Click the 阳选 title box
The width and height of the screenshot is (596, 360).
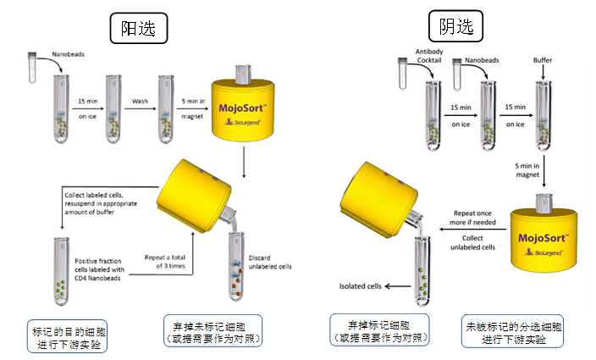[x=138, y=27]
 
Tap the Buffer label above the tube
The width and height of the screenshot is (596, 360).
[x=543, y=61]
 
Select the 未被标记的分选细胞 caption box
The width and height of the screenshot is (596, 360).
[x=505, y=333]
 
